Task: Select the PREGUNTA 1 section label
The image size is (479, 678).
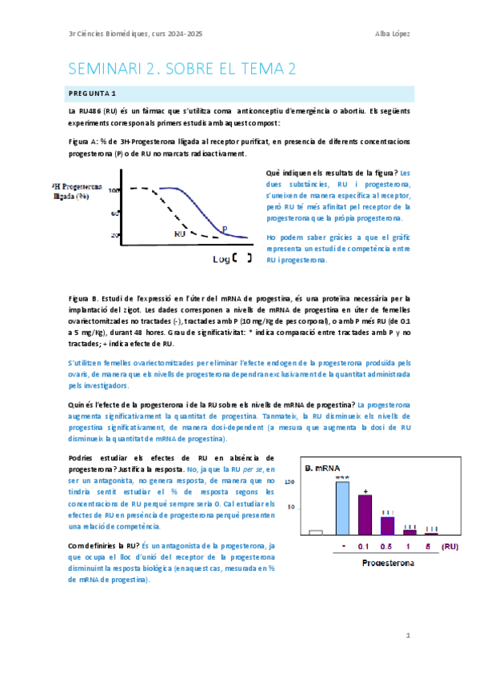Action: pos(93,94)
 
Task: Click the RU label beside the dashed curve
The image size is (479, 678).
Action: pos(180,234)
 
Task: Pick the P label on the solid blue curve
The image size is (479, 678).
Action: pos(224,229)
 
